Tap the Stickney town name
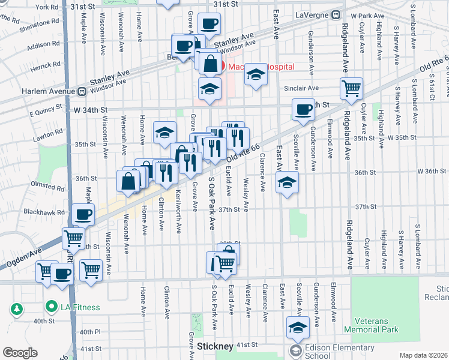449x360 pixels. click(215, 347)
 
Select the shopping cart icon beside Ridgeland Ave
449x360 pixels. click(351, 88)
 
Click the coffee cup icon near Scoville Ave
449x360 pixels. click(304, 109)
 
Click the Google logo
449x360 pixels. click(20, 353)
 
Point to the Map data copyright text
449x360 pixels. click(424, 355)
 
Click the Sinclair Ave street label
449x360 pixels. click(301, 88)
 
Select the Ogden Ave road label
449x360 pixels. click(24, 257)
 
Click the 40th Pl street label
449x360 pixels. click(89, 332)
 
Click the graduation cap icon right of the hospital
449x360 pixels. click(256, 74)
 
